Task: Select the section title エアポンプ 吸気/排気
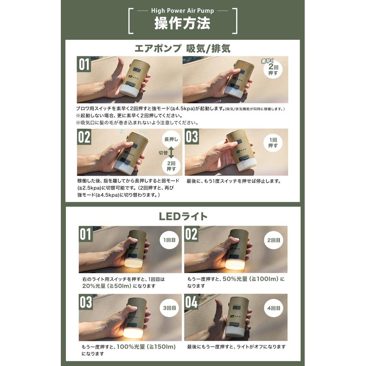(183, 48)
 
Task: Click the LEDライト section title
(183, 216)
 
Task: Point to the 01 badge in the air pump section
(84, 65)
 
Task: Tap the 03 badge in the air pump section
(192, 137)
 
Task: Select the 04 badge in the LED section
(192, 302)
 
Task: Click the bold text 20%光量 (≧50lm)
(106, 286)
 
